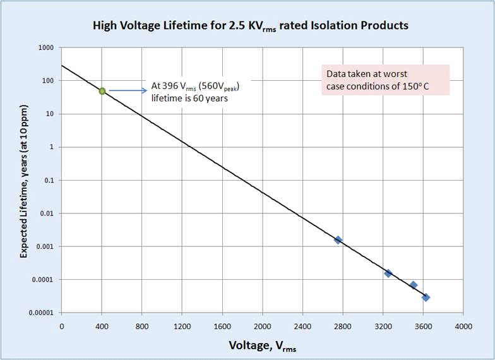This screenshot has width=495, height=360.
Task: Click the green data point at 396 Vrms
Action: tap(102, 91)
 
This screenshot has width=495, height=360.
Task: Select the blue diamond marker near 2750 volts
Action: tap(338, 240)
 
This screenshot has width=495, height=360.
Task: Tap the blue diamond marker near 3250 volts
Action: tap(388, 273)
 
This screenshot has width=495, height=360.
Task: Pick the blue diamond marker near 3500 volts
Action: tap(414, 285)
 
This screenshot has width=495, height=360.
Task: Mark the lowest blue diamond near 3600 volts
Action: tap(426, 297)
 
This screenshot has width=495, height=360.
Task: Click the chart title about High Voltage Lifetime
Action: tap(251, 26)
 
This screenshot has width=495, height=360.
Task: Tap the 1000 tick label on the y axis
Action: tap(44, 48)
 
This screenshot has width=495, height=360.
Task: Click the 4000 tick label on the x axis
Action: tap(463, 327)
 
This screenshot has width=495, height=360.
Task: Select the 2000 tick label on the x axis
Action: tap(262, 327)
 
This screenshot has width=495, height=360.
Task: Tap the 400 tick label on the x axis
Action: tap(102, 327)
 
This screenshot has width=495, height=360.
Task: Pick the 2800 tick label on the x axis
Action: tap(343, 327)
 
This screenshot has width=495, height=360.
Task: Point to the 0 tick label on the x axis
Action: tap(61, 327)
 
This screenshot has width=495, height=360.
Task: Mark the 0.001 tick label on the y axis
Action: tap(44, 247)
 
